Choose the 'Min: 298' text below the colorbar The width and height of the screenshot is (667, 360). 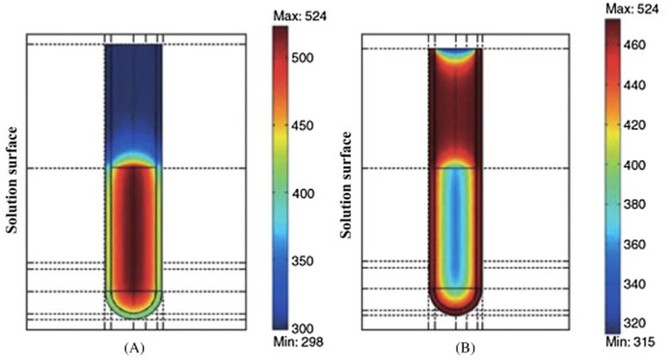298,343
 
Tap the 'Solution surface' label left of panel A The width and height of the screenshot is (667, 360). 12,180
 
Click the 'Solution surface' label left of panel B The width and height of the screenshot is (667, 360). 347,184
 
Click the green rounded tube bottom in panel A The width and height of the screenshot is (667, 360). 134,314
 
